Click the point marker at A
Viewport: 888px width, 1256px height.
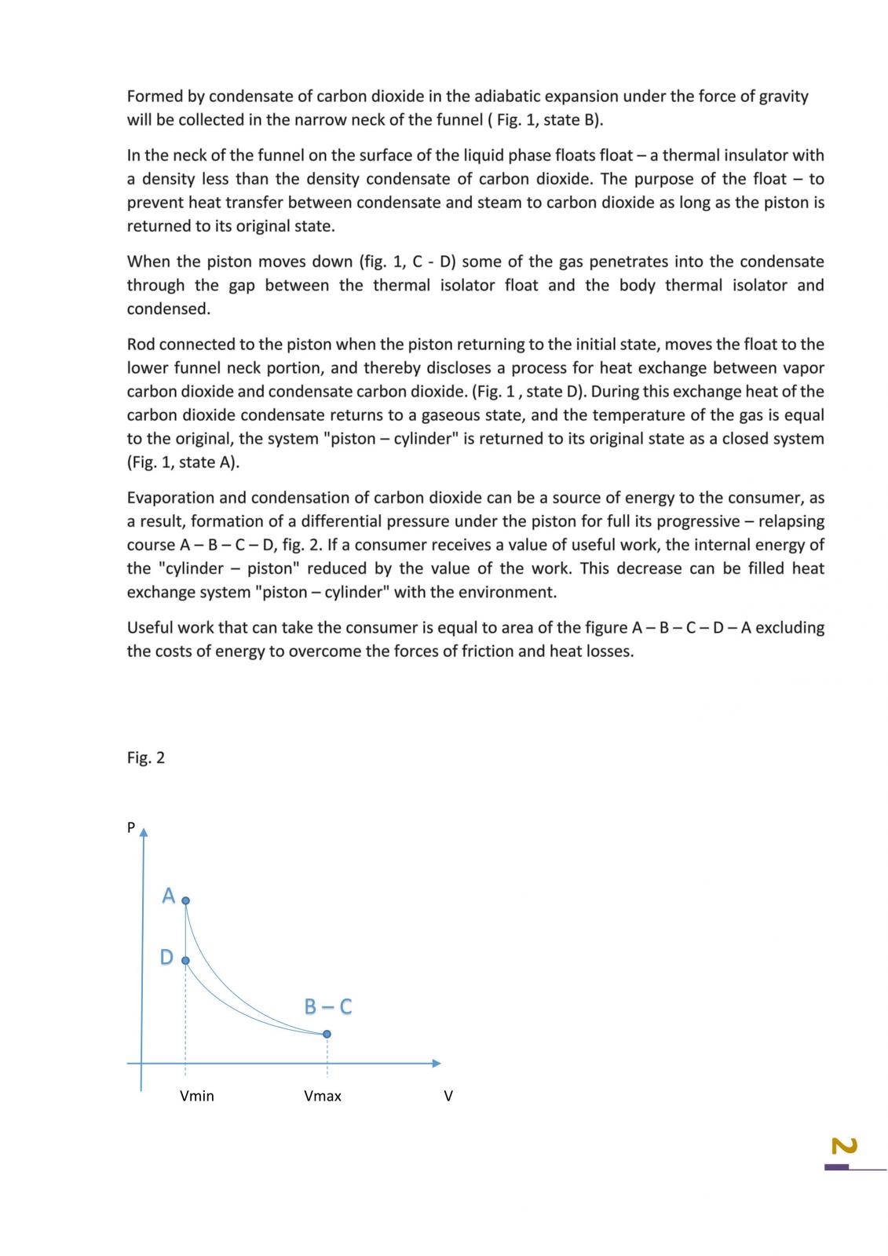click(185, 901)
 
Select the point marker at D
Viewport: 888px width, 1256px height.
click(185, 960)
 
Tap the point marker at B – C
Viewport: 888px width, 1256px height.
click(327, 1034)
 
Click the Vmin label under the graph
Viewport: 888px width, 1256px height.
click(196, 1096)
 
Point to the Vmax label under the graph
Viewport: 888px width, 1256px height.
click(323, 1096)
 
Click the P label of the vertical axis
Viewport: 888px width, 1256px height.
click(131, 827)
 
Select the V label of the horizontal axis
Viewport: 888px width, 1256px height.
click(448, 1096)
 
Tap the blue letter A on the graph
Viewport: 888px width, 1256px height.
click(168, 896)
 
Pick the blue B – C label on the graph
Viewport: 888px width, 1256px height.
click(327, 1006)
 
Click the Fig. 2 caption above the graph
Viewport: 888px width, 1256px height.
click(146, 758)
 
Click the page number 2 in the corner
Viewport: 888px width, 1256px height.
click(843, 1147)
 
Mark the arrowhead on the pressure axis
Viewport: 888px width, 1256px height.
click(143, 831)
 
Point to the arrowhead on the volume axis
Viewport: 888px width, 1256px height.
click(437, 1064)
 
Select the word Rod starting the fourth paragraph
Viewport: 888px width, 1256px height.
click(141, 345)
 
